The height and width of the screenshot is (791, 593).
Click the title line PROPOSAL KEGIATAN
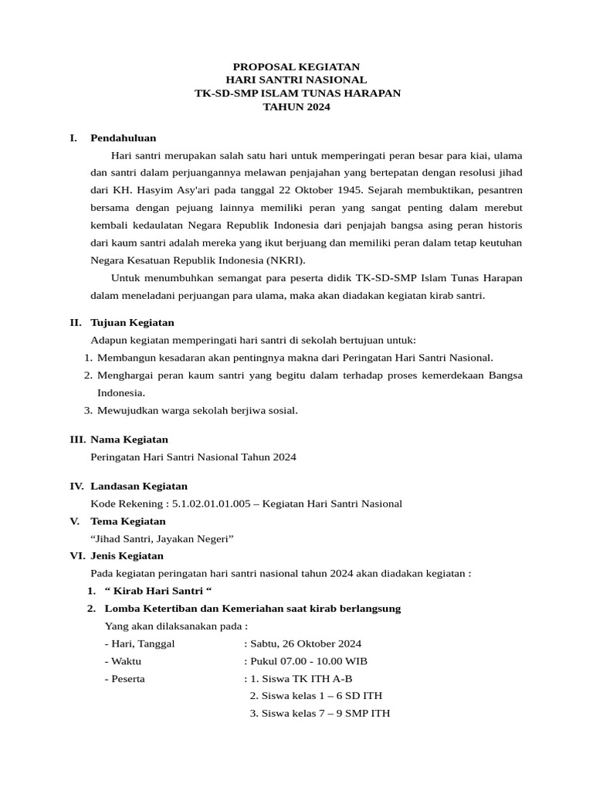(x=296, y=67)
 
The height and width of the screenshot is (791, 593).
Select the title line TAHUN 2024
(x=296, y=107)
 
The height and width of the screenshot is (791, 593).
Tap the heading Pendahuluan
(x=123, y=138)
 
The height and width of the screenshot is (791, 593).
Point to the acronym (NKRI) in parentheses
(x=286, y=260)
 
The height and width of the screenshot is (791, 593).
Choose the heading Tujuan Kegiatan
(x=132, y=322)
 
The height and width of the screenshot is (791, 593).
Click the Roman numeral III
(x=77, y=440)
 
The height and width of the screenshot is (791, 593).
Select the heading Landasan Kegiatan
(x=138, y=486)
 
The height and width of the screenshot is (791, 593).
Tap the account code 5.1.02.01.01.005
(x=212, y=504)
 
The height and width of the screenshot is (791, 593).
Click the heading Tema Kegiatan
(x=127, y=521)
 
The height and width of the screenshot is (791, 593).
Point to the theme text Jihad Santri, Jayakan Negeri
(x=162, y=538)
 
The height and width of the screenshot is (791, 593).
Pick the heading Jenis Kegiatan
(x=127, y=555)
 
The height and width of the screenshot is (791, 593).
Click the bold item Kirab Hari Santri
(x=158, y=591)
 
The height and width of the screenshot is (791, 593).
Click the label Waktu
(x=126, y=661)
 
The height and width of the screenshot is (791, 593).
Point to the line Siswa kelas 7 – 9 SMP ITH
(x=320, y=714)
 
